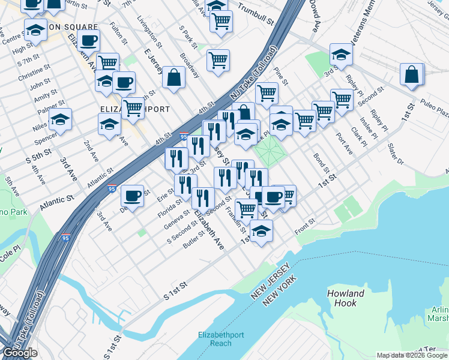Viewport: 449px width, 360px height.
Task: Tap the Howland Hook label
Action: (x=346, y=298)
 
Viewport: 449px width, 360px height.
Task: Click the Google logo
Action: (x=20, y=353)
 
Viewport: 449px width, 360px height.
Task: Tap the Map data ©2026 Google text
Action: (x=412, y=355)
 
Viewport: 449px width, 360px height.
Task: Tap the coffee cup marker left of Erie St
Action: (x=132, y=196)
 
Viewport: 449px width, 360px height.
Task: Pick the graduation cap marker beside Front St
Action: (x=261, y=231)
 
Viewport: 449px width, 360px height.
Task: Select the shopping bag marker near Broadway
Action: (x=173, y=78)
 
